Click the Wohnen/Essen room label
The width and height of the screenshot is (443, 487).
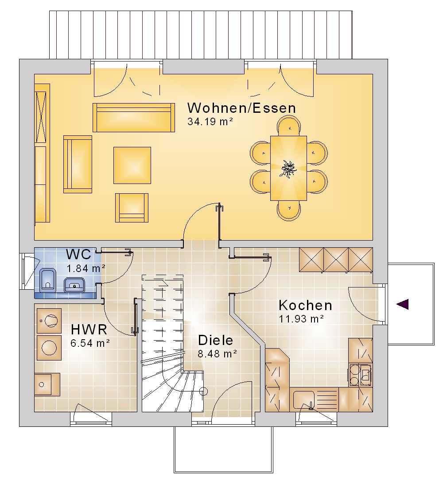241,108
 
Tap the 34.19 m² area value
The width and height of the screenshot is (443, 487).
210,122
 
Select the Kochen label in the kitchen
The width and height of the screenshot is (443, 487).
306,305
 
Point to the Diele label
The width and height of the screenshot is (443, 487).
216,340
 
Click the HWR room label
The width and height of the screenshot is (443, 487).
89,329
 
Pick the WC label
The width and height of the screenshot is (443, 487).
78,254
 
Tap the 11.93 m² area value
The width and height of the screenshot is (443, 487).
301,318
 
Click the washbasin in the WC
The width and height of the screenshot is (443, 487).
74,284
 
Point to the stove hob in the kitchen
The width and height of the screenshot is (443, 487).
360,375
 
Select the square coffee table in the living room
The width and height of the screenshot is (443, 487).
132,165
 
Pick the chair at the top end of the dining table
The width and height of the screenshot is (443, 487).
289,126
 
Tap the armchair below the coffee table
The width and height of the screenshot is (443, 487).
132,208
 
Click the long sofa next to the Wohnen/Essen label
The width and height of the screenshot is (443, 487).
134,118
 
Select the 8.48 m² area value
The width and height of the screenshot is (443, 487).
218,353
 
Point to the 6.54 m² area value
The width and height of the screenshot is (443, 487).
90,343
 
